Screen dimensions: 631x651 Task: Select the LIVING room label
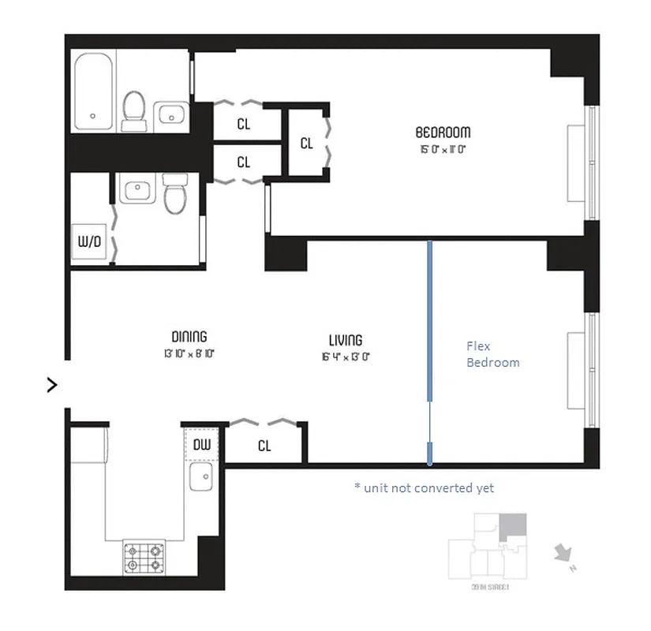pyautogui.click(x=346, y=340)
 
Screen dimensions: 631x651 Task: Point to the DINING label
pyautogui.click(x=189, y=337)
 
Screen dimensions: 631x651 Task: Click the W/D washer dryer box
pyautogui.click(x=88, y=241)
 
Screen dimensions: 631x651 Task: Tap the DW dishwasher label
pyautogui.click(x=202, y=445)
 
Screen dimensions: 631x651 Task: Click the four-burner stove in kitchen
pyautogui.click(x=144, y=557)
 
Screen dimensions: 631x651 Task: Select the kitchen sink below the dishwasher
pyautogui.click(x=201, y=476)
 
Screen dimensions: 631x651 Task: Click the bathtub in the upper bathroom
pyautogui.click(x=94, y=92)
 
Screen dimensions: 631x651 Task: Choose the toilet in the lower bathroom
pyautogui.click(x=174, y=194)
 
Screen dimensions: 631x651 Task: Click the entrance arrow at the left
pyautogui.click(x=52, y=385)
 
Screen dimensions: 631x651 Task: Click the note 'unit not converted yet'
pyautogui.click(x=424, y=488)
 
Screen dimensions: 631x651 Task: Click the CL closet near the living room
pyautogui.click(x=264, y=446)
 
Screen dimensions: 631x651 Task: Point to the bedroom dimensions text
pyautogui.click(x=444, y=148)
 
